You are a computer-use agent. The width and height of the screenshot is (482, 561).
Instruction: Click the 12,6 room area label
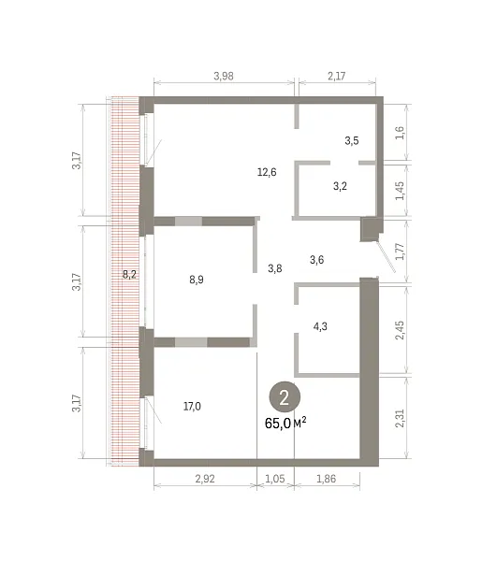tap(267, 172)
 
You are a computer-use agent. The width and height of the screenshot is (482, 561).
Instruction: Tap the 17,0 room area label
tap(192, 407)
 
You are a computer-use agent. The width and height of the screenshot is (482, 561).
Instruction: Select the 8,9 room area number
tap(197, 280)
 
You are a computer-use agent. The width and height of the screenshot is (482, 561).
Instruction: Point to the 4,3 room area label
tap(320, 326)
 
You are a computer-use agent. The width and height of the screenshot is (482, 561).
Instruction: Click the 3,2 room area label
tap(340, 186)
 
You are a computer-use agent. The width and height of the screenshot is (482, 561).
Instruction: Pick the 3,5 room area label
tap(352, 140)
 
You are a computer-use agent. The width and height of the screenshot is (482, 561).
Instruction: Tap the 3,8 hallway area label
tap(274, 268)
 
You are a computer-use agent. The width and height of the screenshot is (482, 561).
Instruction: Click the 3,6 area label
tap(316, 260)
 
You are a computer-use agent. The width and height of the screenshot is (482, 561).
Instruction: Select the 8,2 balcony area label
tap(129, 274)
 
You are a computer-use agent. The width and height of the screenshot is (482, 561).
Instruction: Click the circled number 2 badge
tap(285, 396)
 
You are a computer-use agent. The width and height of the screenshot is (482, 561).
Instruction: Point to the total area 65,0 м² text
tap(285, 423)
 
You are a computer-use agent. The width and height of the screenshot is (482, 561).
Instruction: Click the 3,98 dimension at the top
tap(224, 76)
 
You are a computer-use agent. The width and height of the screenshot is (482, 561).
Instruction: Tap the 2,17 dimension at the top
tap(337, 76)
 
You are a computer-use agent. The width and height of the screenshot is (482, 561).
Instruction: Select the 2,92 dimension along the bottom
tap(205, 479)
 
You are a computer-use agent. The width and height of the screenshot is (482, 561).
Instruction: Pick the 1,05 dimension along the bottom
tap(275, 479)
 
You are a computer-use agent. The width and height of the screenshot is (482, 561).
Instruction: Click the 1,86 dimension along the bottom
tap(327, 479)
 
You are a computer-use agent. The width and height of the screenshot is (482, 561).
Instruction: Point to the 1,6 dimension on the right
tap(400, 133)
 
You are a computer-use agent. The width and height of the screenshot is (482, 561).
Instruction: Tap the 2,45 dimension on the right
tap(400, 330)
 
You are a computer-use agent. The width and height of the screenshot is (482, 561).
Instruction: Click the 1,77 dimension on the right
tap(400, 252)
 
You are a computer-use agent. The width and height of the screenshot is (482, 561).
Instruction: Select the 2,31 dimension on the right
tap(400, 418)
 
